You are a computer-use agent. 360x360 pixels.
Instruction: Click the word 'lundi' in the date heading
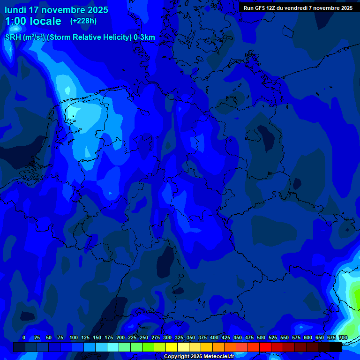(15, 10)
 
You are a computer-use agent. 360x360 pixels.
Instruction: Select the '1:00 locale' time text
(33, 21)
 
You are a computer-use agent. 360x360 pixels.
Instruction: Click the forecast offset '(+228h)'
(83, 21)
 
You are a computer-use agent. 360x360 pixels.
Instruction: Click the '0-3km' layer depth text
(144, 37)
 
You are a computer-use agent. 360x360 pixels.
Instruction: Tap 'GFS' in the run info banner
(261, 8)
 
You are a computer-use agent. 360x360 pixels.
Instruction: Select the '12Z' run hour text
(272, 8)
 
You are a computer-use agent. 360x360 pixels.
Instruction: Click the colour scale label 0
(24, 337)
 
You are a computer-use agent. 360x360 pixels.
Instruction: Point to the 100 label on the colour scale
(74, 337)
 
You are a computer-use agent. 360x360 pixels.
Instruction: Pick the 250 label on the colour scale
(144, 337)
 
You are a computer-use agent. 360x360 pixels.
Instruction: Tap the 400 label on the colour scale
(214, 337)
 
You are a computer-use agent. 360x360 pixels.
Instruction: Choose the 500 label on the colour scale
(261, 337)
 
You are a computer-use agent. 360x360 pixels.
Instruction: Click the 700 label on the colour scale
(343, 337)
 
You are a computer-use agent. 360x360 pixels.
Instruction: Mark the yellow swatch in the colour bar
(172, 347)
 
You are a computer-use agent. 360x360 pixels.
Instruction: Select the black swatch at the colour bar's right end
(336, 347)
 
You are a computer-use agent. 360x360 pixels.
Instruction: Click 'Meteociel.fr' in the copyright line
(219, 357)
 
